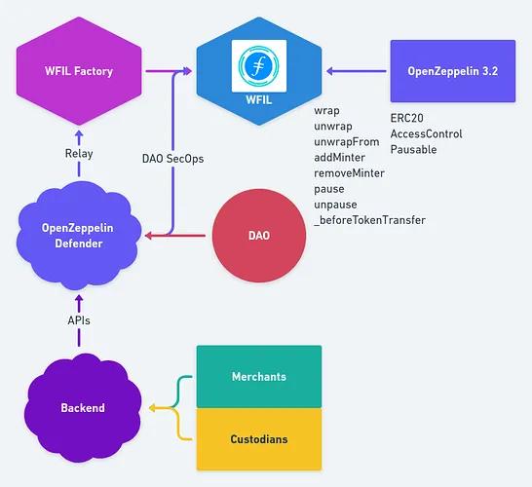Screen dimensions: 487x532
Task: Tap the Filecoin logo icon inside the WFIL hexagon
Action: coord(259,66)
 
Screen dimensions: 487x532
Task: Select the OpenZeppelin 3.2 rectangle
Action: coord(452,70)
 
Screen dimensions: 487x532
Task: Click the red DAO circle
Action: coord(258,236)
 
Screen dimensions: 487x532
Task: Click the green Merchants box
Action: coord(259,376)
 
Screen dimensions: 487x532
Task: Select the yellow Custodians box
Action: coord(259,439)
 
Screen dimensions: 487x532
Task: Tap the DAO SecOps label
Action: coord(173,159)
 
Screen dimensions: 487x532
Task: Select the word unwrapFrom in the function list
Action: coord(347,141)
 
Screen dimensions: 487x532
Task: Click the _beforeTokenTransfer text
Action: coord(369,220)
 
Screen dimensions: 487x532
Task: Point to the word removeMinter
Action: coord(349,172)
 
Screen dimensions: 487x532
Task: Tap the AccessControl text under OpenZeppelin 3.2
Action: coord(426,133)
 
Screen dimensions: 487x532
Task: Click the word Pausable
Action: coord(413,149)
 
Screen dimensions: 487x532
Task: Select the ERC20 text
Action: coord(406,118)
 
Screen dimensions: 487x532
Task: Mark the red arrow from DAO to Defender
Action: coord(180,236)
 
